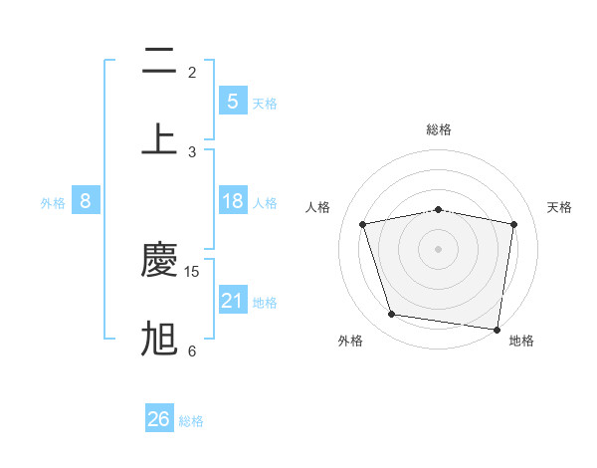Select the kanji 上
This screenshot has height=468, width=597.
tap(159, 138)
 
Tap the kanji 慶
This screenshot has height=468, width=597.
tap(159, 261)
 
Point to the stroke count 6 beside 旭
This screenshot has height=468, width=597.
tap(192, 351)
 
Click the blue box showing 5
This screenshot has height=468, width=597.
tap(232, 102)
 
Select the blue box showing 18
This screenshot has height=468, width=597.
tap(232, 201)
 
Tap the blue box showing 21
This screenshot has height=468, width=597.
tap(232, 300)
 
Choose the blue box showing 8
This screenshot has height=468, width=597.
tap(86, 201)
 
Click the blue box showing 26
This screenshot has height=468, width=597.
tap(159, 419)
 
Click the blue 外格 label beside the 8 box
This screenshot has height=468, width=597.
tap(53, 203)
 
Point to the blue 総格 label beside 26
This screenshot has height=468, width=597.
tap(191, 421)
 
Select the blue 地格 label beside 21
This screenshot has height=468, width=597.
tap(265, 303)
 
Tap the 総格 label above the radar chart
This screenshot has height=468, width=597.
tap(439, 129)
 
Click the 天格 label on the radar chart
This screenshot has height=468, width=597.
tap(559, 207)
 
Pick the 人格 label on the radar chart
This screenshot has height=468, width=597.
tap(318, 207)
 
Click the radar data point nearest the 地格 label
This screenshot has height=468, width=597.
tap(497, 329)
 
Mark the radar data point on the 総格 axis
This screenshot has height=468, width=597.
tap(439, 209)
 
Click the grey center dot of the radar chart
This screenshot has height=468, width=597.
tap(439, 248)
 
